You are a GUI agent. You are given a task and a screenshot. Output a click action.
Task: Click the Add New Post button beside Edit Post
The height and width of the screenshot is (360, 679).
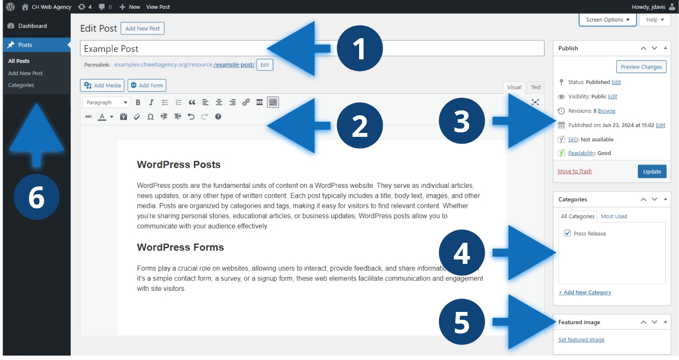[142, 28]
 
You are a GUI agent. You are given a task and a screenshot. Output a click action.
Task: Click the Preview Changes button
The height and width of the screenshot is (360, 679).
[641, 67]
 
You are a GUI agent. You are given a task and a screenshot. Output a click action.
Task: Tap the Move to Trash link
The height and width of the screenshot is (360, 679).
[575, 171]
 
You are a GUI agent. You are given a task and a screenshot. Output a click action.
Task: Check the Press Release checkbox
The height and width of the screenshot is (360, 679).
[567, 233]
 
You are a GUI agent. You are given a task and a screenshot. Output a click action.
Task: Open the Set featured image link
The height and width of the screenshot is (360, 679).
[581, 339]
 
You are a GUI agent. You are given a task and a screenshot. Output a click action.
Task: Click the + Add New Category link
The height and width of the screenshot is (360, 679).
[585, 292]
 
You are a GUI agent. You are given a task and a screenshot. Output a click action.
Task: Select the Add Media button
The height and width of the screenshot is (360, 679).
[102, 85]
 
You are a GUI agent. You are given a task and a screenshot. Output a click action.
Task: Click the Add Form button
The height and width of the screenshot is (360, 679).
[147, 85]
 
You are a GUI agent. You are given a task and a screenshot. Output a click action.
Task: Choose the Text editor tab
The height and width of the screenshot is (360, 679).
[536, 87]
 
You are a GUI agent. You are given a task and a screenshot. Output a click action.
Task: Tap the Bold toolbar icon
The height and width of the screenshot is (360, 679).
[138, 103]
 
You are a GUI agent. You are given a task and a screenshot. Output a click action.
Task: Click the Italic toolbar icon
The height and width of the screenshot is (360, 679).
[151, 103]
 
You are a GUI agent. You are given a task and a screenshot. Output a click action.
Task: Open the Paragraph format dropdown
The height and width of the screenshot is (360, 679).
[106, 103]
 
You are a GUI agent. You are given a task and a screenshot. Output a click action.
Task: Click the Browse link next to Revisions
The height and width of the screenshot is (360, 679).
[606, 111]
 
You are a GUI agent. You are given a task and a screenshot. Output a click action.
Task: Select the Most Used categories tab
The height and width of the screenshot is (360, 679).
[614, 216]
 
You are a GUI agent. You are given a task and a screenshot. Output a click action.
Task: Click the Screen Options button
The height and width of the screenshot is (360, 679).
[607, 20]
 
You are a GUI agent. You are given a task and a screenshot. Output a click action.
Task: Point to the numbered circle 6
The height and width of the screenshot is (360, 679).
[36, 197]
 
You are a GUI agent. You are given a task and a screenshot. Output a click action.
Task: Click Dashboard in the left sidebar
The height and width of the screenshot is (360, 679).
[32, 26]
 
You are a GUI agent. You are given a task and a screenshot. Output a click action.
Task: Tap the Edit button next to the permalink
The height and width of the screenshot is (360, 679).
[264, 65]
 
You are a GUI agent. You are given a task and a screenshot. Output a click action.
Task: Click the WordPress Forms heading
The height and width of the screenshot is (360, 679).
[181, 247]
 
